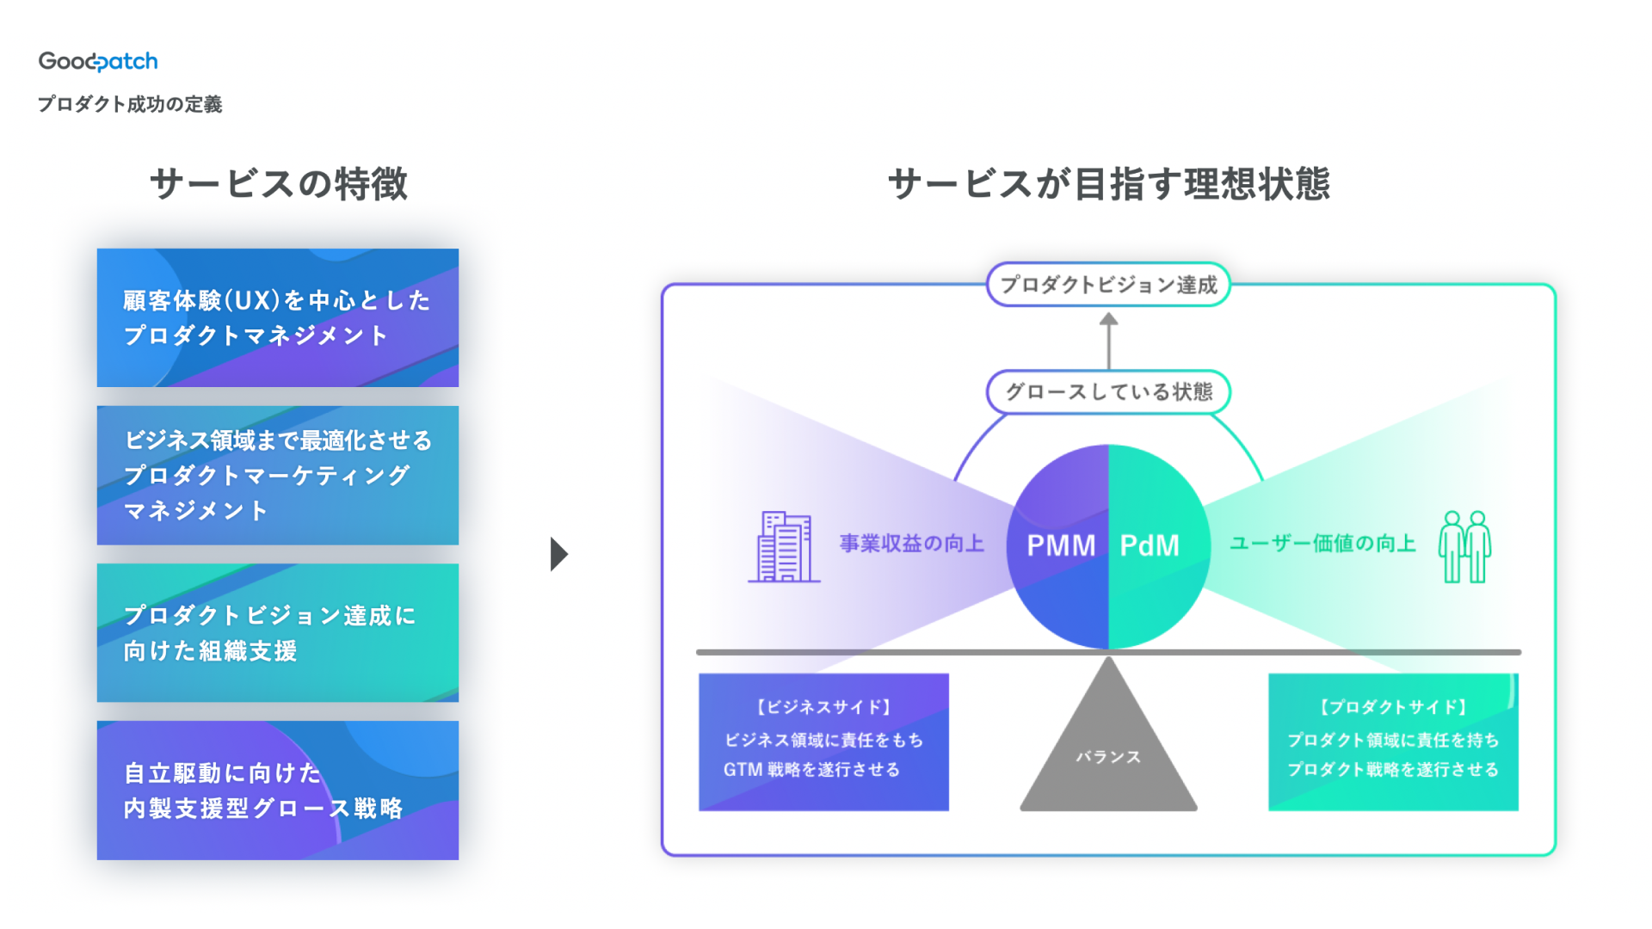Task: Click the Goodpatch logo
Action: (x=98, y=61)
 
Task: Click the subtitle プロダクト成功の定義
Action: (x=130, y=104)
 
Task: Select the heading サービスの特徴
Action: (x=278, y=184)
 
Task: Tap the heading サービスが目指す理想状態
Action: (x=1108, y=184)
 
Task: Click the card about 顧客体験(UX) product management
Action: (x=277, y=317)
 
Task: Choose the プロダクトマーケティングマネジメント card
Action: (x=277, y=475)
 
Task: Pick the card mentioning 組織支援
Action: (x=277, y=632)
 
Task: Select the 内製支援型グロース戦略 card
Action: (x=277, y=790)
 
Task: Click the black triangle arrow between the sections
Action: (x=558, y=554)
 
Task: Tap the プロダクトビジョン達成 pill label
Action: (x=1108, y=285)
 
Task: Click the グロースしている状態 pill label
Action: (x=1108, y=392)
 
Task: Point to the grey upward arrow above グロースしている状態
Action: (x=1108, y=340)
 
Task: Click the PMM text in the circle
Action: (x=1060, y=545)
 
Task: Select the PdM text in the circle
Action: (x=1150, y=545)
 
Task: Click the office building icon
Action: (x=784, y=546)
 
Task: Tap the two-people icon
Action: (x=1464, y=546)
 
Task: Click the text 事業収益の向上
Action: (x=911, y=544)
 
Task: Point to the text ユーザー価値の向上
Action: (x=1322, y=544)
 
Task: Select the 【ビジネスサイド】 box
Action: (x=823, y=741)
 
